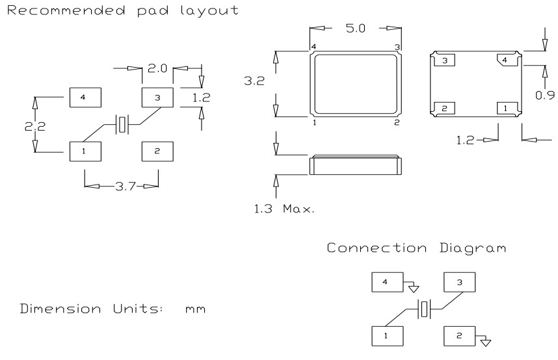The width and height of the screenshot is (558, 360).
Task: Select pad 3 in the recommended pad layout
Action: [x=157, y=97]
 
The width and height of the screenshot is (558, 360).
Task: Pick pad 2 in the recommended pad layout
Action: [x=157, y=151]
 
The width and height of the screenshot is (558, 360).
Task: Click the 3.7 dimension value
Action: [x=122, y=187]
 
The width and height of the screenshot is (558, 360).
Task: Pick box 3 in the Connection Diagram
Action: [x=459, y=281]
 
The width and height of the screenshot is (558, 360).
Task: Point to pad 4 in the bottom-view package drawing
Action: [x=508, y=60]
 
